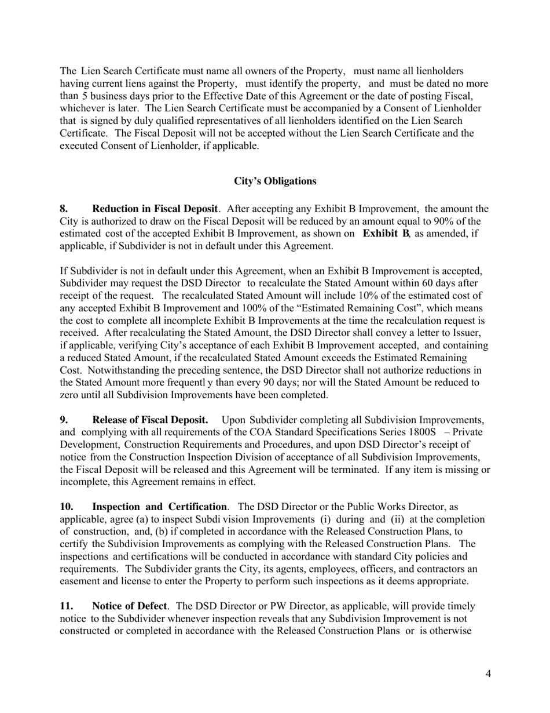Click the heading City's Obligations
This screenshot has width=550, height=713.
(275, 181)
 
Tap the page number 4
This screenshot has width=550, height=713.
(488, 674)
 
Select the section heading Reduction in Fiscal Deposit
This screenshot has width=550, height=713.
(155, 209)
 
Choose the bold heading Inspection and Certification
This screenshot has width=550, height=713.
(159, 507)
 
